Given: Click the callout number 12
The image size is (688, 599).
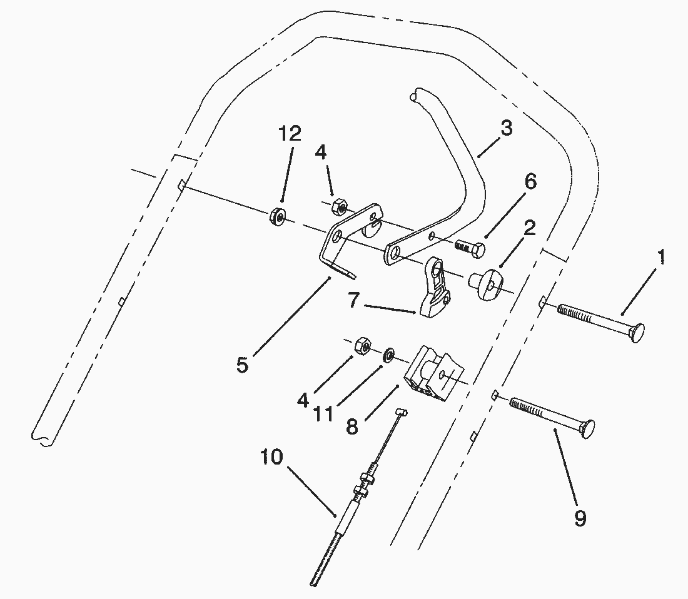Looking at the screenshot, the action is [290, 133].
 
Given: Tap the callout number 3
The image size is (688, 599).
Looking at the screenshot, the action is [506, 128].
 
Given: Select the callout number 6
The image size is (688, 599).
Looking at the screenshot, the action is [530, 181].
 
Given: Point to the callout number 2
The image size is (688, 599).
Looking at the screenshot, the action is [530, 228].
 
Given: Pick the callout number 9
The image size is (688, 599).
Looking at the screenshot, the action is [580, 519].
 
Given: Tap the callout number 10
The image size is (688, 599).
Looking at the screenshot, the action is [271, 457].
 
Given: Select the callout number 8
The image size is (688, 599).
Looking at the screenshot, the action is [352, 426].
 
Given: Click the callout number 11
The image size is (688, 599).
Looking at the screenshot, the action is [323, 414].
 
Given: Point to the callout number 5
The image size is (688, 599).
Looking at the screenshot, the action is [242, 365].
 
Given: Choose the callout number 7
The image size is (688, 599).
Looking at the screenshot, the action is [353, 300].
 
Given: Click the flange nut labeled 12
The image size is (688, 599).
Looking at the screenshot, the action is [277, 216].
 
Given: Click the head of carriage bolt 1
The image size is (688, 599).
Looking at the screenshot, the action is [637, 333].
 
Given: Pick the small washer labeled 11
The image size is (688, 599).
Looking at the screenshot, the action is [388, 355].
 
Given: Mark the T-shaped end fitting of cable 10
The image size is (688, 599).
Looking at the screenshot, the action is [402, 412].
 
